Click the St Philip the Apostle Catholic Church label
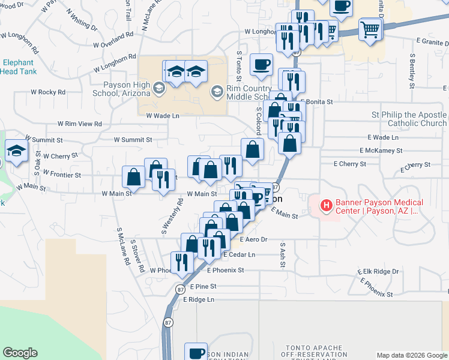pyautogui.click(x=409, y=119)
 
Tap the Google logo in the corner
pyautogui.click(x=20, y=353)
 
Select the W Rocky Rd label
pyautogui.click(x=47, y=92)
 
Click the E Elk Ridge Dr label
pyautogui.click(x=378, y=271)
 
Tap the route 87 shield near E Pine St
pyautogui.click(x=180, y=289)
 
